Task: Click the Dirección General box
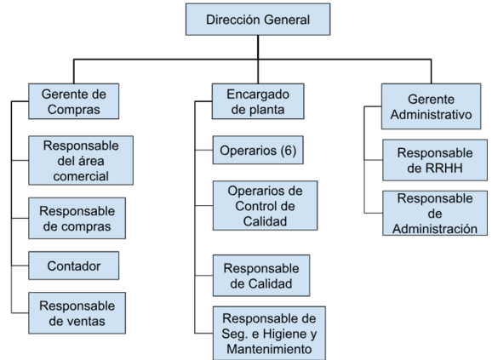tap(258, 20)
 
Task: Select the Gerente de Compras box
tap(74, 101)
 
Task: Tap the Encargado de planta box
tap(258, 101)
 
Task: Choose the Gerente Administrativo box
tap(431, 106)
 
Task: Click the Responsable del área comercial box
tap(81, 160)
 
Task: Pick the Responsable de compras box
tap(77, 218)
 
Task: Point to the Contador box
tap(74, 266)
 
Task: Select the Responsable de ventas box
tap(77, 313)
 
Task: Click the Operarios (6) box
tap(258, 150)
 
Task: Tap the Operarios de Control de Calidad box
tap(265, 206)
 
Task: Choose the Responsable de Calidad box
tap(261, 276)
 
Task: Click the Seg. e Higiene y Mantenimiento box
tap(269, 333)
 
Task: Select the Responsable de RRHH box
tap(435, 160)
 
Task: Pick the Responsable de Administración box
tap(435, 214)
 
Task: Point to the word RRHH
tap(444, 168)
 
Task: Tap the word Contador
tap(74, 266)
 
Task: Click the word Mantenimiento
tap(269, 349)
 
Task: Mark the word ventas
tap(89, 321)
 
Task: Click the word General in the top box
tap(286, 20)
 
